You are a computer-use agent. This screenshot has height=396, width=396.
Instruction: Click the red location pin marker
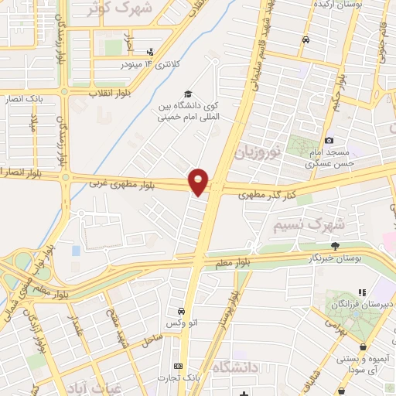[199, 181]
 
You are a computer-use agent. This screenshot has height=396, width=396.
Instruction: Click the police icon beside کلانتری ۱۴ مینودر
[149, 53]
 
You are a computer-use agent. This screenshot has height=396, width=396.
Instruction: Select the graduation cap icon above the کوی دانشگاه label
[186, 92]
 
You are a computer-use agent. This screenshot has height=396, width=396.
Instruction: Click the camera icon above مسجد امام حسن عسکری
[329, 140]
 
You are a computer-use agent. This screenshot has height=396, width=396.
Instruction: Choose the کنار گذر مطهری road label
[262, 192]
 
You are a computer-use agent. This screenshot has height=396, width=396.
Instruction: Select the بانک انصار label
[24, 97]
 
